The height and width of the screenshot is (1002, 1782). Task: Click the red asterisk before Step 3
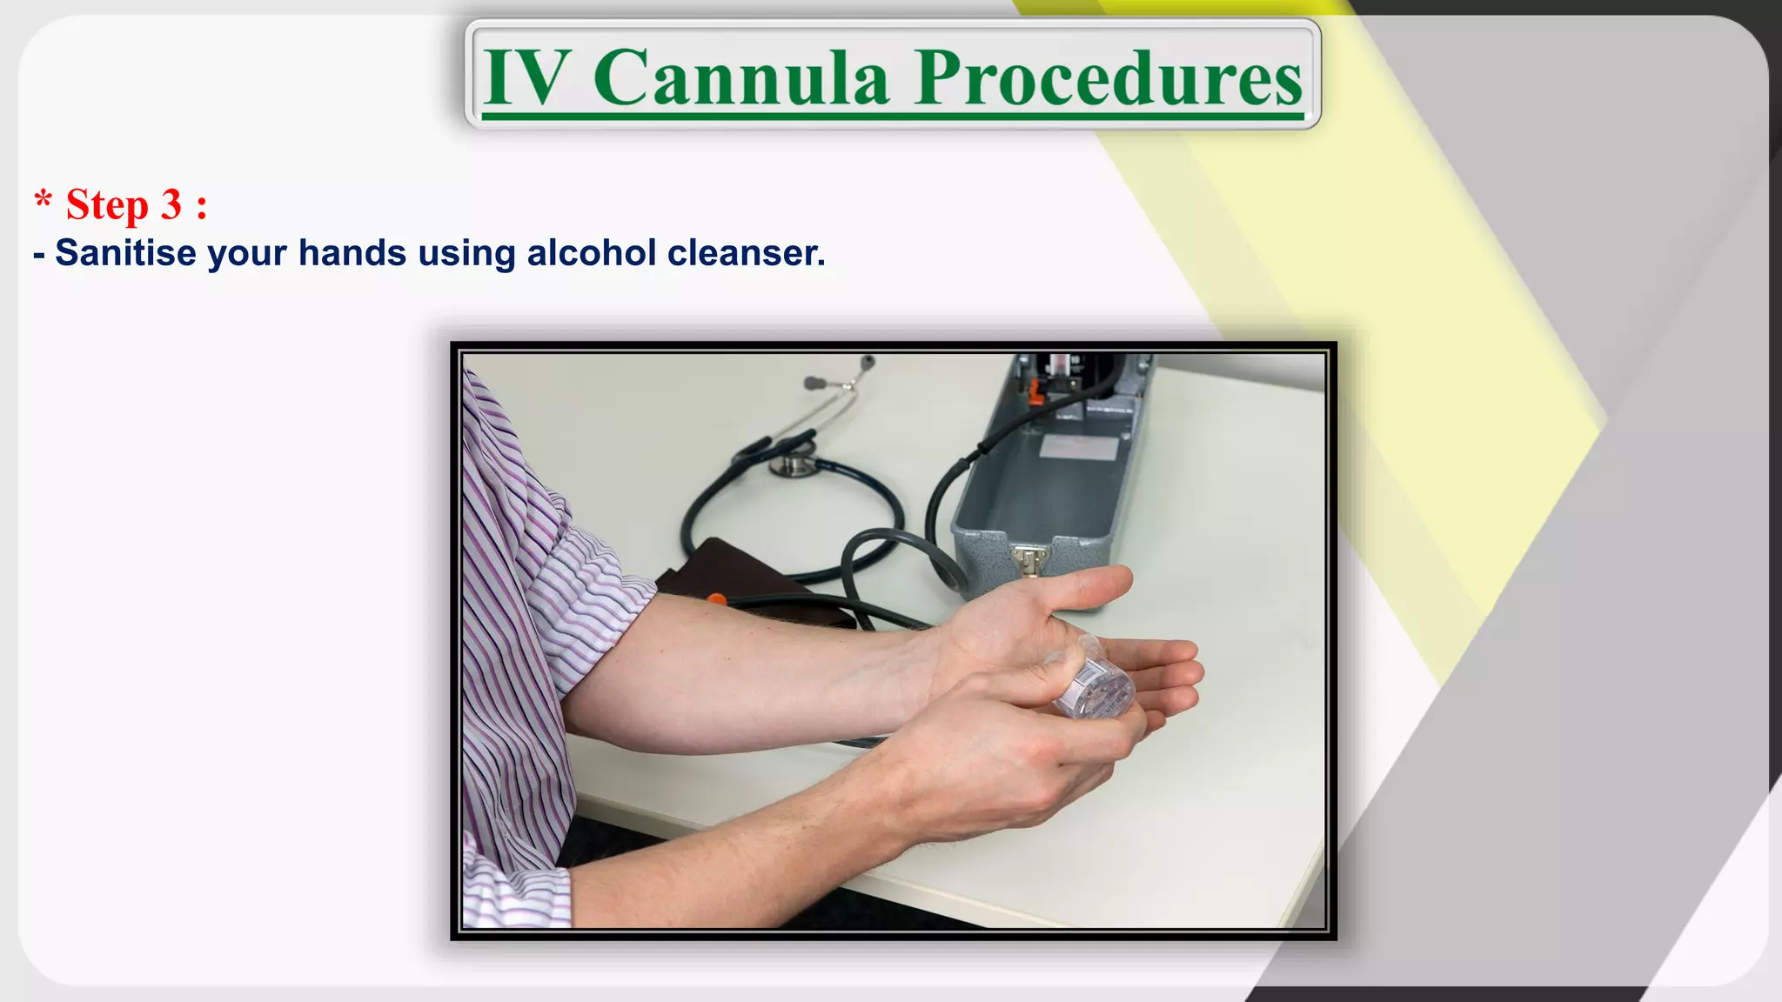[43, 199]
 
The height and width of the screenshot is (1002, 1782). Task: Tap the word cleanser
[746, 253]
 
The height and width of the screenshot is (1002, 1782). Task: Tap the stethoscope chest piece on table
[792, 464]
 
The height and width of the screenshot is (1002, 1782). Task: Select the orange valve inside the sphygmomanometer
[1036, 393]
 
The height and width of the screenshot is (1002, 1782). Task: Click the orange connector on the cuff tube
[715, 599]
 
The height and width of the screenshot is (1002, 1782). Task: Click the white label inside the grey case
[1079, 448]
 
